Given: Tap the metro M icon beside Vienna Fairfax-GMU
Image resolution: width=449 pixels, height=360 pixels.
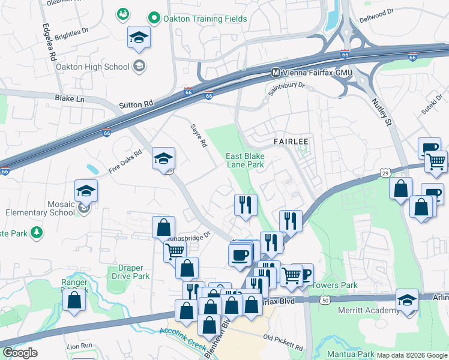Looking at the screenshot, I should tap(276, 72).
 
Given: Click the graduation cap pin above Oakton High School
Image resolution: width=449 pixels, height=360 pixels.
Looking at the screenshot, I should tap(139, 38).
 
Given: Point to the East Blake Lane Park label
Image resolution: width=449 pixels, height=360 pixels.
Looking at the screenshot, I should tap(245, 160).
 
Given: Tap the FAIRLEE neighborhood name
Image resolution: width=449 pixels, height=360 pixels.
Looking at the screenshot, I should tap(291, 142).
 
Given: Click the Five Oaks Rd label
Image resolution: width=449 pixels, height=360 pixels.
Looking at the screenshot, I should tap(125, 162).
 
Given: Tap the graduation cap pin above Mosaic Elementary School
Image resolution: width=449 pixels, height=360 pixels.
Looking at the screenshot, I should tap(86, 192).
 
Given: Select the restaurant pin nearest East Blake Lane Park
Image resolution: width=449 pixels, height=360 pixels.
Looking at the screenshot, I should tap(246, 205).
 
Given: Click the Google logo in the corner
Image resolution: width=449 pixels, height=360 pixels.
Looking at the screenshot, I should tap(20, 352).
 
